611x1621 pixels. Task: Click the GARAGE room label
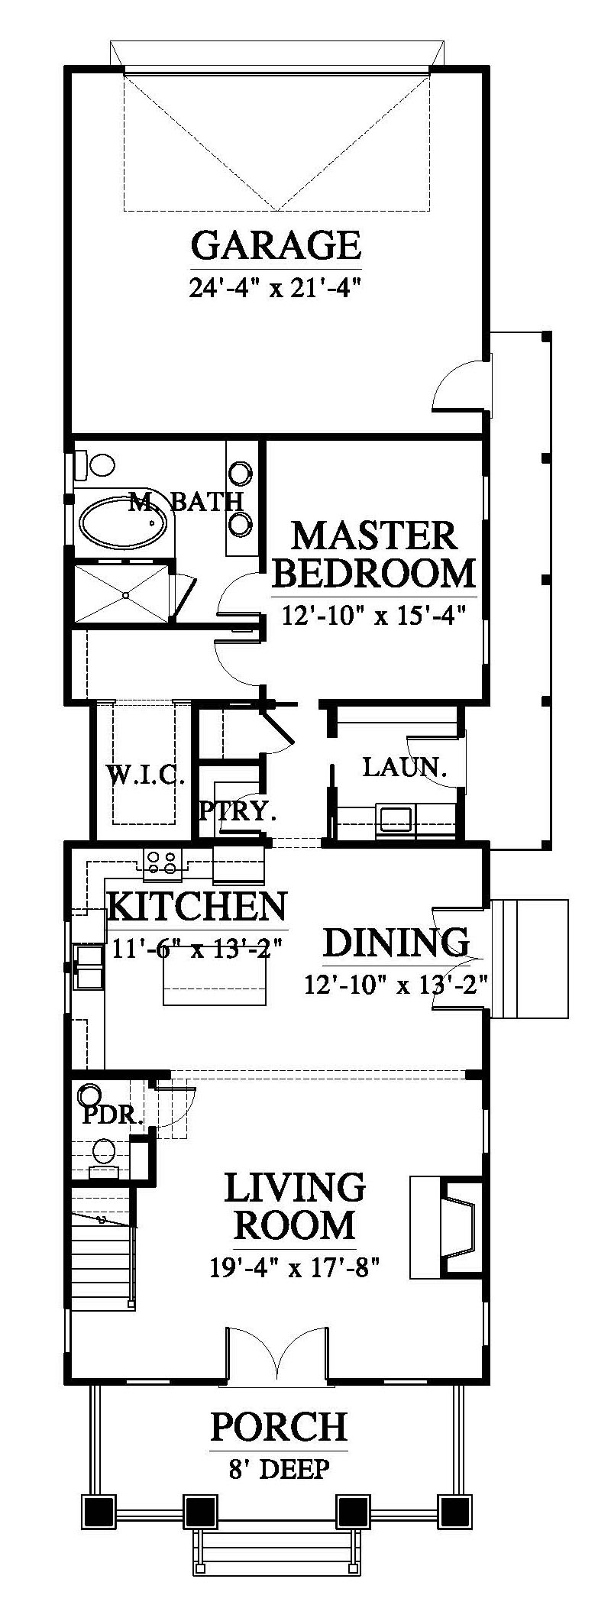coord(276,245)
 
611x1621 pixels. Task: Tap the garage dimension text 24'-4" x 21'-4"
coord(273,288)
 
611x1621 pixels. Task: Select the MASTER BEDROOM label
coord(374,555)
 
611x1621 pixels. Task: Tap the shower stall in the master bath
coord(121,593)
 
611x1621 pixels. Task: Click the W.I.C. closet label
coord(145,778)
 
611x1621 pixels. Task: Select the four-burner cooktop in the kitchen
coord(161,862)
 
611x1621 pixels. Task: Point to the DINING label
coord(396,943)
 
